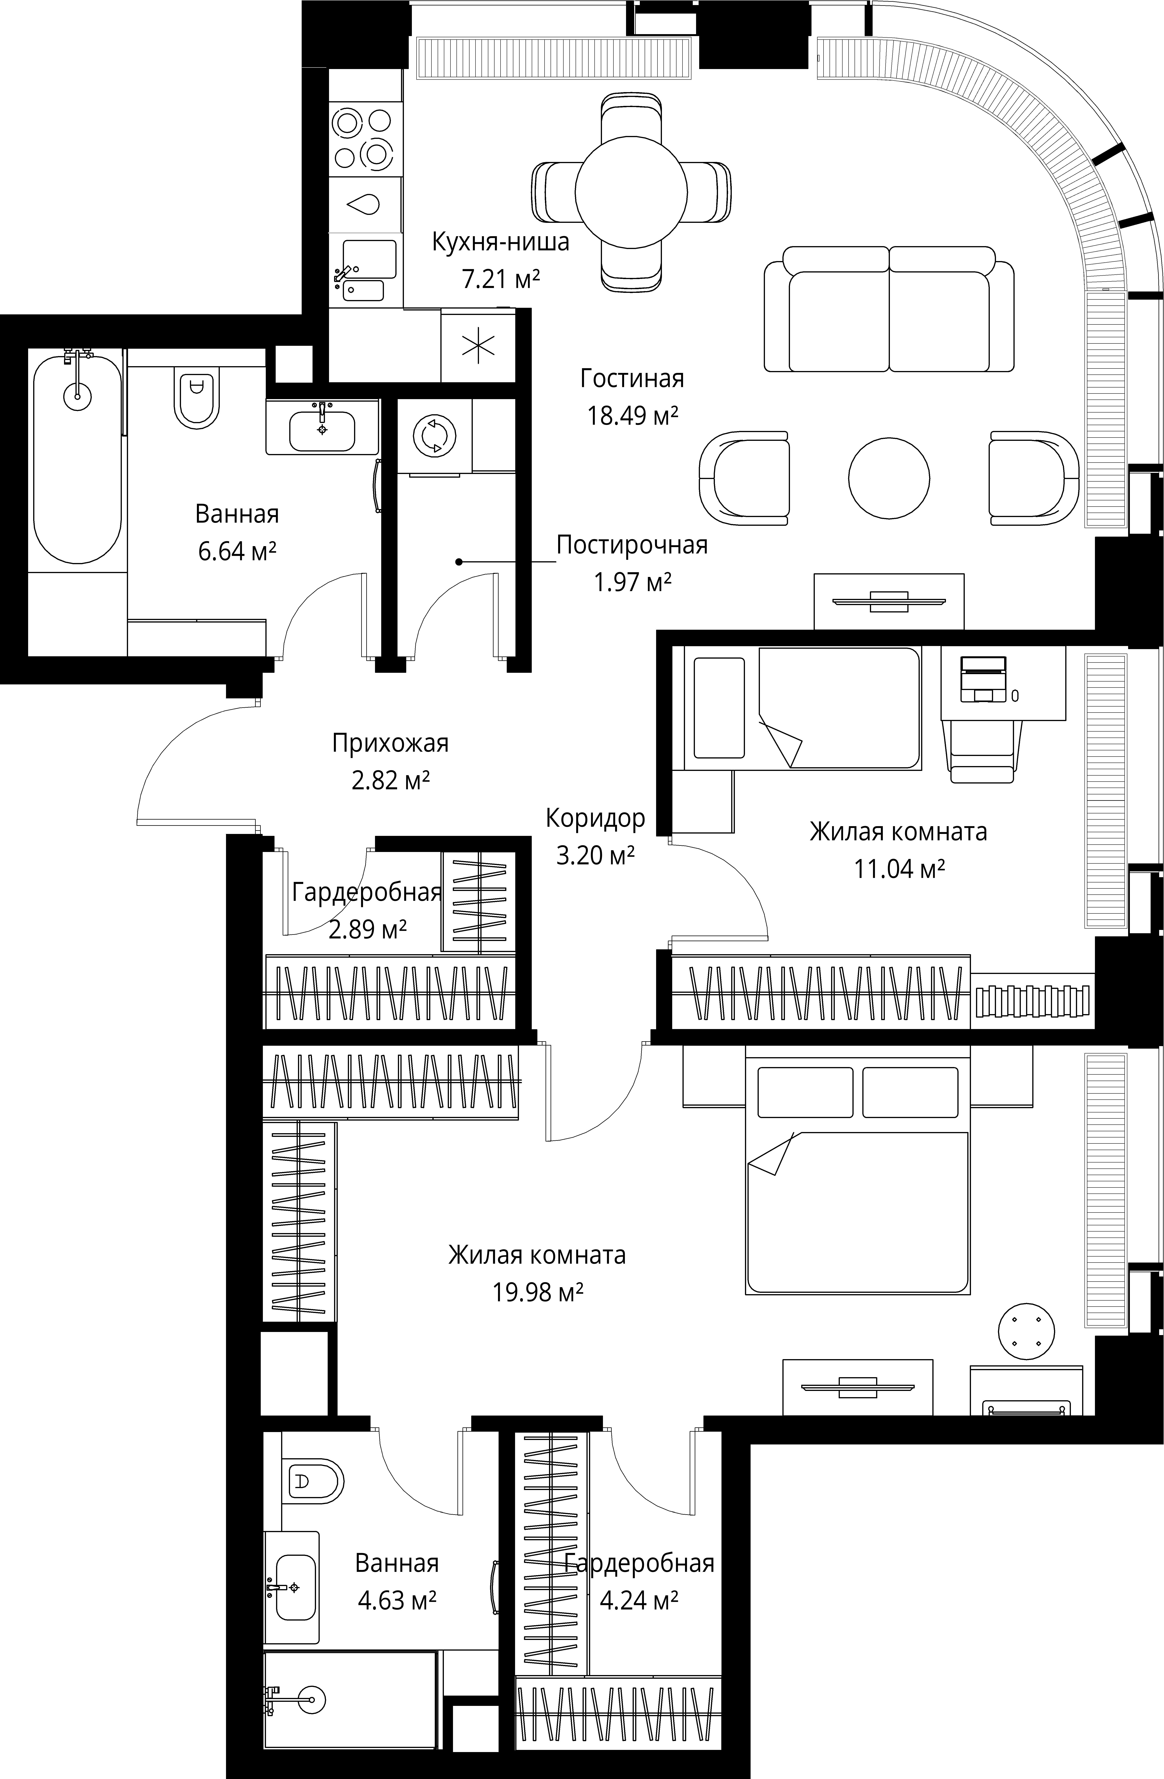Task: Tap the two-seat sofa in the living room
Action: [889, 309]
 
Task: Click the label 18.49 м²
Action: [632, 415]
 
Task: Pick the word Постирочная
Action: [632, 545]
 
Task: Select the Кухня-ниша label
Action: [501, 242]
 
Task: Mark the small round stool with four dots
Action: [1026, 1331]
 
